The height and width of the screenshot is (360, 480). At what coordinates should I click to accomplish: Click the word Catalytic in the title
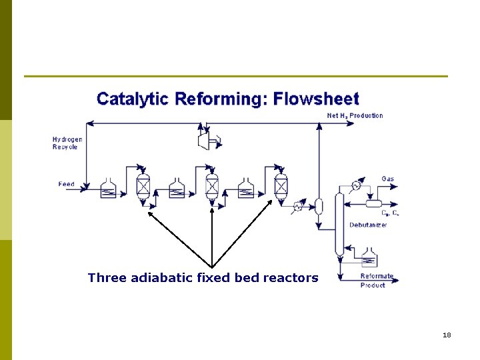[x=132, y=99]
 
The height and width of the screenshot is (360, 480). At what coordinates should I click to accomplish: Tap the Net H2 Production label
[x=355, y=116]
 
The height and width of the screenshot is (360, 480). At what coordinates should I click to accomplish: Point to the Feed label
[x=66, y=184]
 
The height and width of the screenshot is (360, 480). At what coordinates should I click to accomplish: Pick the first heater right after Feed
[x=108, y=188]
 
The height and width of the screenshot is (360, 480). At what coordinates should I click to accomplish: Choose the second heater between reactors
[x=177, y=188]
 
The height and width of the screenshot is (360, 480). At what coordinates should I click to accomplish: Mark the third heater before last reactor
[x=245, y=188]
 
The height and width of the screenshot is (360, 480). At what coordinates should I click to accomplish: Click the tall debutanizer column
[x=339, y=223]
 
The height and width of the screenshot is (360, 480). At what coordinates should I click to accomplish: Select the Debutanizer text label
[x=368, y=225]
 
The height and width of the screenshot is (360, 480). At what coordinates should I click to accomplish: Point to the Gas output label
[x=387, y=179]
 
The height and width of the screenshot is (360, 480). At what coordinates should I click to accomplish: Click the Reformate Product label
[x=377, y=281]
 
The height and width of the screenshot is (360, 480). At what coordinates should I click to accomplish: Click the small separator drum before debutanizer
[x=319, y=206]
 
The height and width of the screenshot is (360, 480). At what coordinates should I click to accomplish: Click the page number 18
[x=447, y=335]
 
